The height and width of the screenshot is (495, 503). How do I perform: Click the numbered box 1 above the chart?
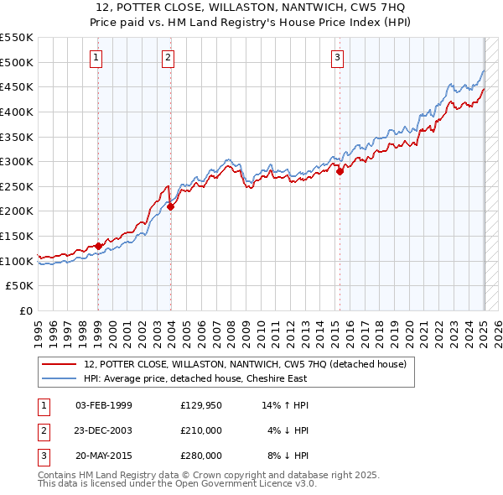(x=97, y=58)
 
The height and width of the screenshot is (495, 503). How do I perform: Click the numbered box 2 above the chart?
(x=169, y=58)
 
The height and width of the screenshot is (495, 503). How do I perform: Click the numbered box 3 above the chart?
(x=337, y=58)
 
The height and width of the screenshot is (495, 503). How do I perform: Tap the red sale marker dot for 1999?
(x=98, y=246)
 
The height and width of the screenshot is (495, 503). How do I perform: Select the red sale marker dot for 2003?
(x=170, y=206)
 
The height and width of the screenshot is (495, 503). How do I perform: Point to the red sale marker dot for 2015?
(x=340, y=171)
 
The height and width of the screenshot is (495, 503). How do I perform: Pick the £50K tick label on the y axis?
(x=22, y=286)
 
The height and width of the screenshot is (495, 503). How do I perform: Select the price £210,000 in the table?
(x=200, y=430)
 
